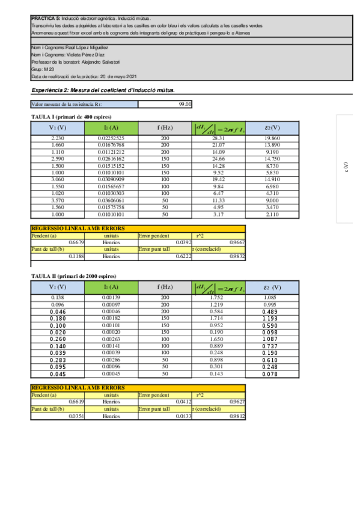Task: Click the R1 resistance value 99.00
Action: [185, 104]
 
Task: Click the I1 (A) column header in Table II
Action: [111, 287]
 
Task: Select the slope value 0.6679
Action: [75, 242]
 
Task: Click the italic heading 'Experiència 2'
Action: [50, 90]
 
